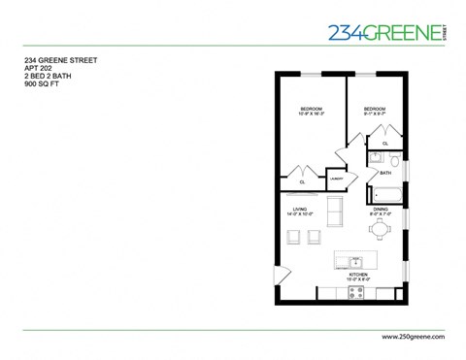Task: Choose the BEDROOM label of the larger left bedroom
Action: click(311, 109)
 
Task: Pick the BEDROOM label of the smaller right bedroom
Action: click(374, 109)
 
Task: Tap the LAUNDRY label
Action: click(337, 180)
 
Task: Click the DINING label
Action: click(381, 208)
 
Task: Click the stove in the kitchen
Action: click(356, 292)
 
